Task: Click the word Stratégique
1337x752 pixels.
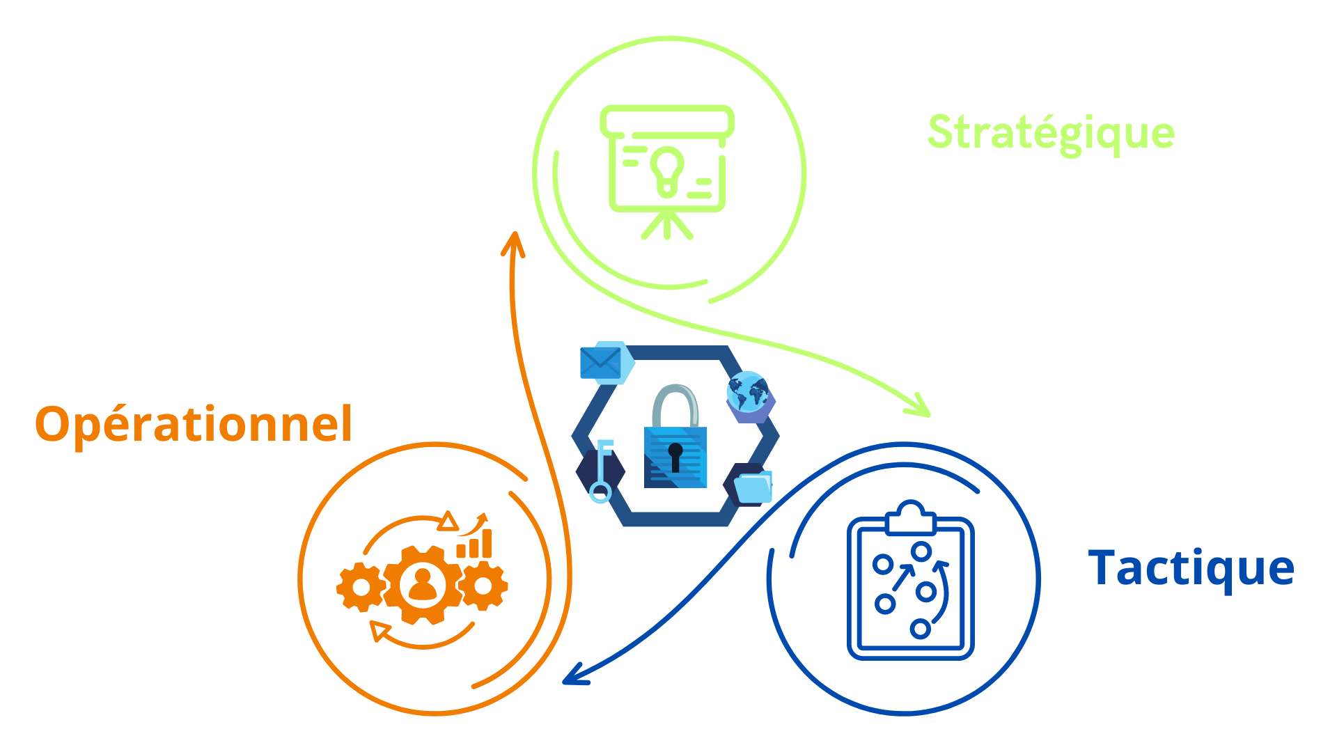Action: click(1051, 133)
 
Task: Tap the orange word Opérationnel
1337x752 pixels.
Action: click(194, 424)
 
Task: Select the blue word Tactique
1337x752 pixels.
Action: click(1191, 568)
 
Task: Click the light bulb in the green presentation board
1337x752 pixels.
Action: click(667, 169)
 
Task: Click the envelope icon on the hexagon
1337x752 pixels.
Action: click(600, 363)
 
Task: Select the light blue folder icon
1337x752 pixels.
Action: click(753, 487)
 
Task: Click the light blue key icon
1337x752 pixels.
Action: click(601, 471)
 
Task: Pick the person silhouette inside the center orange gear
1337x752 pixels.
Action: click(423, 585)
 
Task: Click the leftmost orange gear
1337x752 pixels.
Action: click(361, 588)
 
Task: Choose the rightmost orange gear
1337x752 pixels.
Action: click(483, 586)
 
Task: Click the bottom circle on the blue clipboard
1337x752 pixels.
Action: click(920, 629)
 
